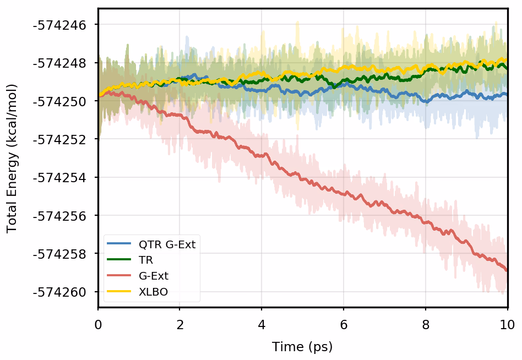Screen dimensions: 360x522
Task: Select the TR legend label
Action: (x=146, y=260)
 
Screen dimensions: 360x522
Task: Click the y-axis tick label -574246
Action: (x=64, y=25)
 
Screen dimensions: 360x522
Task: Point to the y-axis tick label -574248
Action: (x=64, y=63)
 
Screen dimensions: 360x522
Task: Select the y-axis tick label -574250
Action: (x=64, y=101)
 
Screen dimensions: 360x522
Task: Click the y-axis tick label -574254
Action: (x=64, y=178)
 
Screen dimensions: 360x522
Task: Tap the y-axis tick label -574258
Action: (x=64, y=254)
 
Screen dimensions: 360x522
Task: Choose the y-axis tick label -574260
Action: (x=64, y=292)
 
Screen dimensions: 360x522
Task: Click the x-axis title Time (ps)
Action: (x=302, y=347)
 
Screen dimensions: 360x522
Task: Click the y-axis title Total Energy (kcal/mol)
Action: (x=12, y=158)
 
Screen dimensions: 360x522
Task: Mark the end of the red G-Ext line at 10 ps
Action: (x=507, y=270)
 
